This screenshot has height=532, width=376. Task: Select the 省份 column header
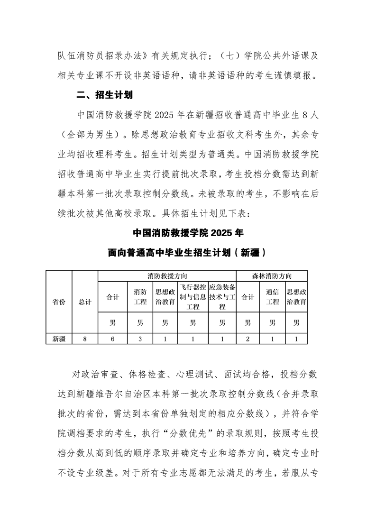click(59, 302)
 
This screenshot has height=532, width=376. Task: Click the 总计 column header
click(85, 302)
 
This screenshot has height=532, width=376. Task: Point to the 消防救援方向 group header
click(167, 276)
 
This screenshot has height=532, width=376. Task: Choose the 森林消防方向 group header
click(272, 276)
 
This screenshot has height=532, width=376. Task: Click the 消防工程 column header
click(140, 297)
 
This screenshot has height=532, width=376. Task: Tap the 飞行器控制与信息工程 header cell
click(193, 297)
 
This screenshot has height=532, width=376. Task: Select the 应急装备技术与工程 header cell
click(222, 297)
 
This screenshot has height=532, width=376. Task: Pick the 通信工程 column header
click(272, 297)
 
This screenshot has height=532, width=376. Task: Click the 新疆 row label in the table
click(59, 339)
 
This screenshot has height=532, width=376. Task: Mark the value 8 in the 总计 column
click(85, 339)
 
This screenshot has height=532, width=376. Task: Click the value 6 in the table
click(113, 339)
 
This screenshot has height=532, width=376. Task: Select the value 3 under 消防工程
click(140, 339)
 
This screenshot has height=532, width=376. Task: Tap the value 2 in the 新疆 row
click(248, 339)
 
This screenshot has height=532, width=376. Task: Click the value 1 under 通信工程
click(272, 339)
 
